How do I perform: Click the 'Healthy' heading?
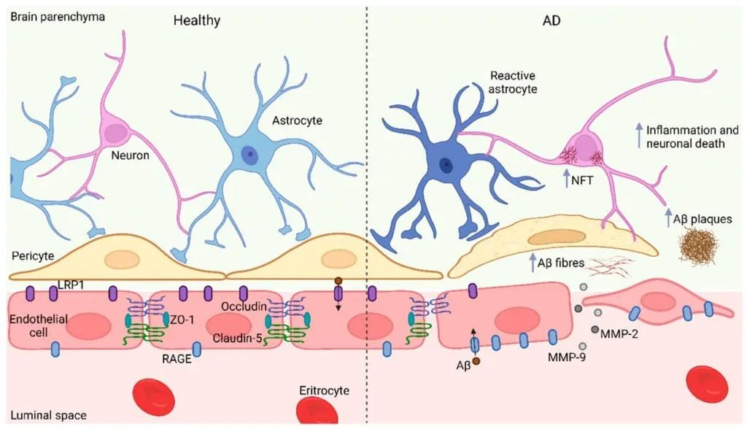(196, 20)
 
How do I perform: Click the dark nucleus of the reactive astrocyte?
(443, 164)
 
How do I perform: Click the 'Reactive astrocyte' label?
(514, 81)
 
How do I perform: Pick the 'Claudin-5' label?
(239, 337)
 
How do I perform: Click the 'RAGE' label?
(177, 358)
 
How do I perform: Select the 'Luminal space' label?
(49, 415)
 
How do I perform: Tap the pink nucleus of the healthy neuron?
(115, 133)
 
